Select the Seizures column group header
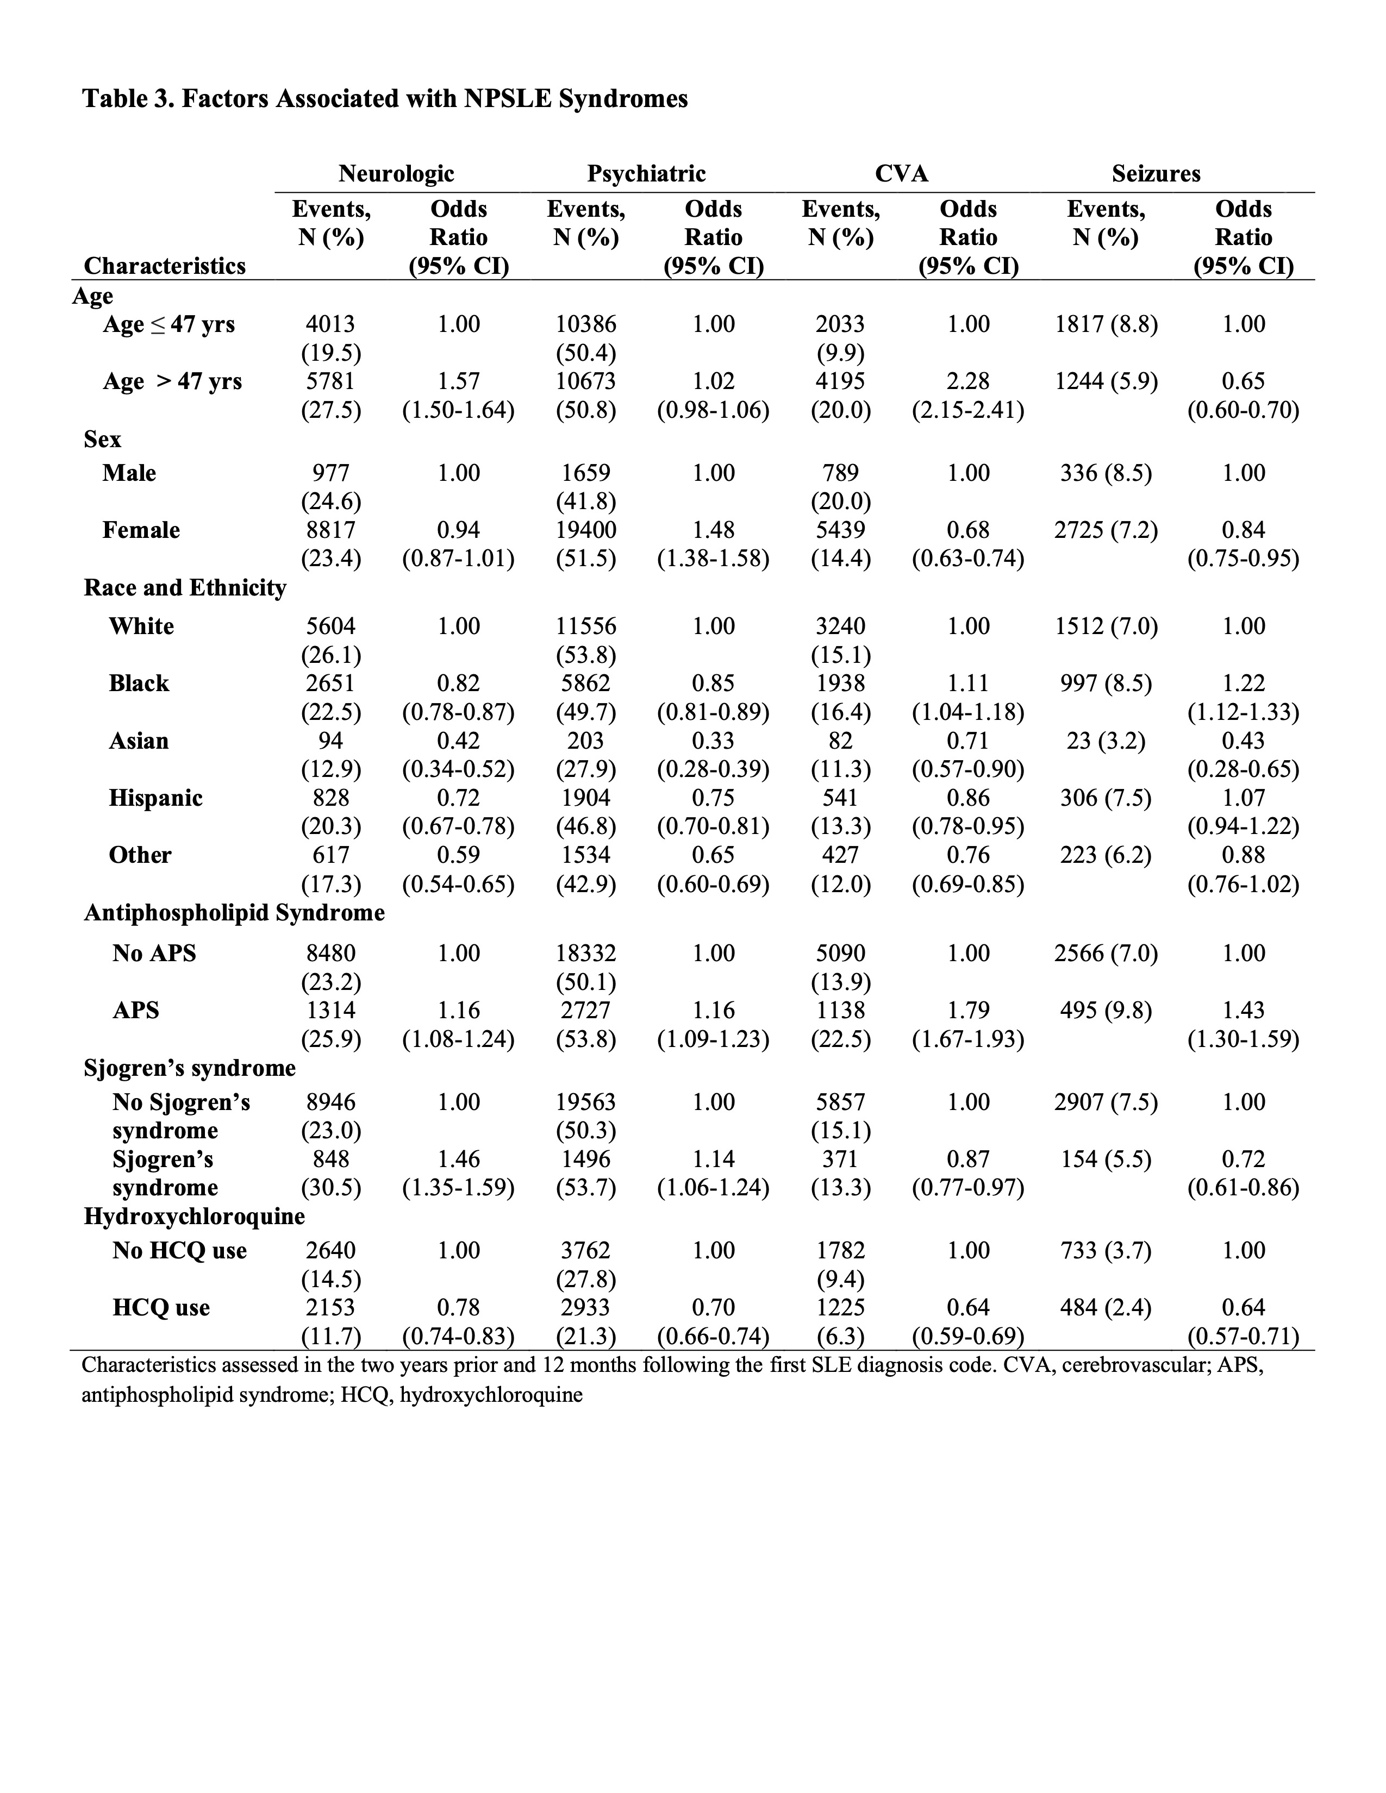click(x=1156, y=174)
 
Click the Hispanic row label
click(x=155, y=798)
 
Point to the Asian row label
click(x=139, y=741)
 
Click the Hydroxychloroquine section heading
click(x=194, y=1216)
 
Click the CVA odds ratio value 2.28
click(x=967, y=382)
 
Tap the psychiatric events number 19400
click(x=585, y=530)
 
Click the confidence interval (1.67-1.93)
click(x=967, y=1039)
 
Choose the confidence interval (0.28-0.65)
click(x=1243, y=769)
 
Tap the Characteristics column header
click(x=164, y=266)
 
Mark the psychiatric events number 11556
click(x=585, y=626)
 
